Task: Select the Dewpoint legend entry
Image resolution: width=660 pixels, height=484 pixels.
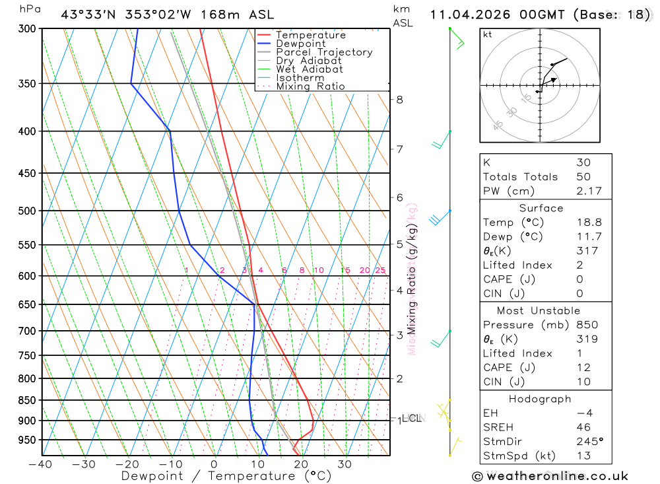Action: pyautogui.click(x=300, y=44)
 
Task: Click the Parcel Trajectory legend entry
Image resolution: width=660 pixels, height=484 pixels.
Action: pyautogui.click(x=323, y=52)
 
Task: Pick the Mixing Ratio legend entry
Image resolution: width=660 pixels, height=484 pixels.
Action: pyautogui.click(x=310, y=86)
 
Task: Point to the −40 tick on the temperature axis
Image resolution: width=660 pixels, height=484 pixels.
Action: pyautogui.click(x=40, y=464)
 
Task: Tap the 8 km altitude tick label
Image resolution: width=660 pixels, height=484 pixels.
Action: pyautogui.click(x=399, y=100)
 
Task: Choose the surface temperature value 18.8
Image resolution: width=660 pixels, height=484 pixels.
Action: pyautogui.click(x=589, y=223)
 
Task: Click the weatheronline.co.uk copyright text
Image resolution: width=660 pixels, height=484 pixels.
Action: pyautogui.click(x=550, y=476)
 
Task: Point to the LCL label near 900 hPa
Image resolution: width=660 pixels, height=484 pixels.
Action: pyautogui.click(x=413, y=418)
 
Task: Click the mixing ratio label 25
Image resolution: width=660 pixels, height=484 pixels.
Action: pyautogui.click(x=380, y=270)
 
